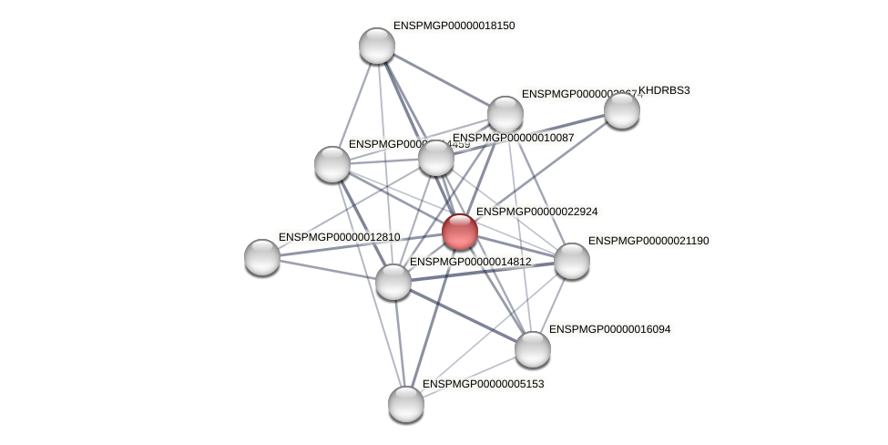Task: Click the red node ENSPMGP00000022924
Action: [x=460, y=232]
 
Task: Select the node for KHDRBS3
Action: [x=622, y=110]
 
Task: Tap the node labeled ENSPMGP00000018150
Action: [x=376, y=46]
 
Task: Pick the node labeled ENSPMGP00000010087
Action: [x=436, y=158]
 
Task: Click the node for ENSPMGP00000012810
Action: [x=262, y=257]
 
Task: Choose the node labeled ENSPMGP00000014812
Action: [x=393, y=281]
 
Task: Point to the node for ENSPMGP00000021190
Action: [x=572, y=261]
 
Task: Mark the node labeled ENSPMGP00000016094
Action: [x=533, y=348]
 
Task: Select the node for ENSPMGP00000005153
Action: [x=406, y=403]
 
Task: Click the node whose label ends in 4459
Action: [x=332, y=164]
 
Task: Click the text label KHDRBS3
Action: [x=664, y=90]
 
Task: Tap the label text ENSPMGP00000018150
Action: [x=454, y=26]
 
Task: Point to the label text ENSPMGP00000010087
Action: [x=513, y=138]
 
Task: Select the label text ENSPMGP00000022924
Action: [x=536, y=212]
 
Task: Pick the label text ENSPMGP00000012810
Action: [x=339, y=237]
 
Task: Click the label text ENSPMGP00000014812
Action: [x=470, y=262]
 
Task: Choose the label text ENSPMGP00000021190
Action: [x=648, y=241]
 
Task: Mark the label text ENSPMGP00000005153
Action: [x=483, y=384]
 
